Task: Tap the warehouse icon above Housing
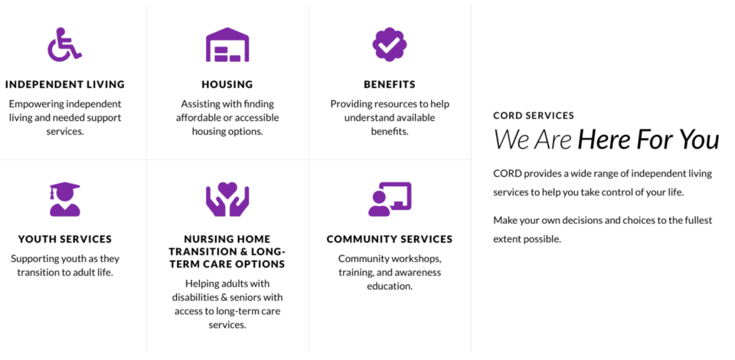tap(227, 44)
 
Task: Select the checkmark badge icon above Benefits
tap(390, 44)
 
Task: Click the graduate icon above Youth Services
tap(65, 199)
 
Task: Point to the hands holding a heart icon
tap(227, 199)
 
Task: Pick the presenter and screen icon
tap(390, 199)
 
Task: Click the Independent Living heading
tap(65, 85)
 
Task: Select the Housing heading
tap(227, 85)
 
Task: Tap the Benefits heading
tap(390, 85)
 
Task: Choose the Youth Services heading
tap(65, 239)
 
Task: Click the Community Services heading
tap(390, 239)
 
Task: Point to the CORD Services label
tap(534, 116)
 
